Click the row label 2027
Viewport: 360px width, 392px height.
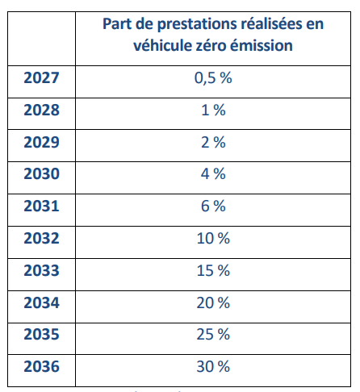click(41, 77)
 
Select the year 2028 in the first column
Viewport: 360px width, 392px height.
click(41, 110)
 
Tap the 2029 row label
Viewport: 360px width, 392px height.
click(41, 142)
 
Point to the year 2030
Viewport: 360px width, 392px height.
click(41, 173)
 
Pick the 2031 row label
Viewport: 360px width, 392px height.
click(41, 206)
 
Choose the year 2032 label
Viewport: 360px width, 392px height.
click(41, 238)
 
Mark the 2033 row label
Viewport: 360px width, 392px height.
click(41, 270)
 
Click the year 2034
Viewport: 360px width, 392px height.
click(41, 302)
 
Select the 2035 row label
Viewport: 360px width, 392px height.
click(41, 334)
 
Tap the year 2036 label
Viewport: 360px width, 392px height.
click(41, 366)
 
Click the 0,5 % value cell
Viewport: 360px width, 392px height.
click(213, 78)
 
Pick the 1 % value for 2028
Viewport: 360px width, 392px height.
click(213, 110)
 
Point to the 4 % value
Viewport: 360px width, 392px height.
click(213, 173)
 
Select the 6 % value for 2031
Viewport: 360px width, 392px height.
click(213, 206)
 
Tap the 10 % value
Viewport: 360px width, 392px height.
click(213, 238)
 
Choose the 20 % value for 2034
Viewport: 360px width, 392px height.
click(213, 302)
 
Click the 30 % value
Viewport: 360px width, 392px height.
click(213, 366)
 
